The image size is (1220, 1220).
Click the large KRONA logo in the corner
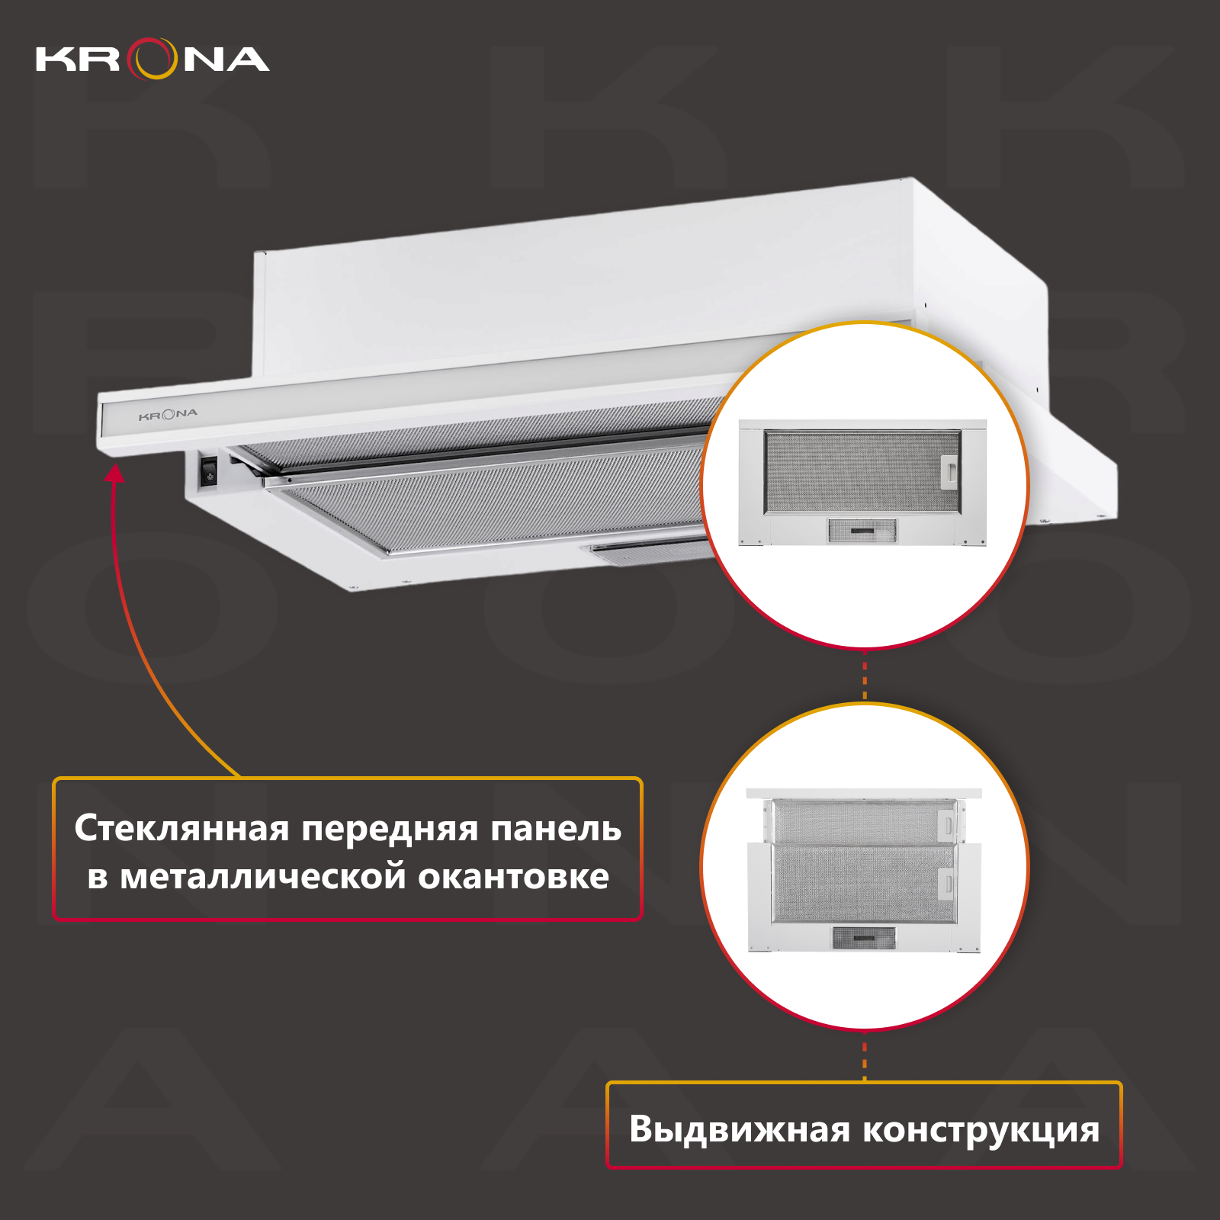pyautogui.click(x=152, y=59)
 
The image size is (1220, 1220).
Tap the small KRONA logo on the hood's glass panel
pyautogui.click(x=168, y=415)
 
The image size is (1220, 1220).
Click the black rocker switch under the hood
pyautogui.click(x=209, y=470)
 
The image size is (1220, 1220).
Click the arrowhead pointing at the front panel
pyautogui.click(x=114, y=474)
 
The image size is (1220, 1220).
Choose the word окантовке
pyautogui.click(x=513, y=877)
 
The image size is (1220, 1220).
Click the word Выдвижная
pyautogui.click(x=739, y=1129)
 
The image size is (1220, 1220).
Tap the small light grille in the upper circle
pyautogui.click(x=862, y=531)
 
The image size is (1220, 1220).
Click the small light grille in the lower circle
pyautogui.click(x=863, y=938)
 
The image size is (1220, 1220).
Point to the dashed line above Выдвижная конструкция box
pyautogui.click(x=865, y=1057)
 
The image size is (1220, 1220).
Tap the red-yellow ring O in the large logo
pyautogui.click(x=152, y=59)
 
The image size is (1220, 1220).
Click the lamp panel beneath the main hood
pyautogui.click(x=648, y=551)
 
